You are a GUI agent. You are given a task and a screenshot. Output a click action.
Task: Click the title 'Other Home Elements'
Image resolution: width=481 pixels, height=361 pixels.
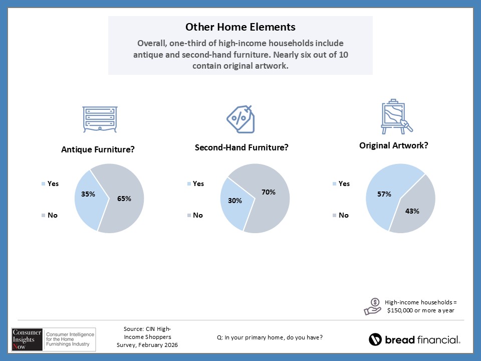(241, 27)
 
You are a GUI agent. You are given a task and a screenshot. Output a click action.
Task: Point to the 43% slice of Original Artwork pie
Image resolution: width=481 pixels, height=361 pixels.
(414, 211)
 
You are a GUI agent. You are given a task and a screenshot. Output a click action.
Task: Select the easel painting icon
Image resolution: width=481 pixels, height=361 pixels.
(395, 117)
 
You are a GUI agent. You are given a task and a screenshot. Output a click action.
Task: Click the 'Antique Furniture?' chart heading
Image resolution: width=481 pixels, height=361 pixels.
(98, 149)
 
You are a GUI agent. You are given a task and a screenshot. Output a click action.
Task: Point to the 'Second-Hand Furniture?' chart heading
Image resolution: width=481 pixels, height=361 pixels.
(242, 147)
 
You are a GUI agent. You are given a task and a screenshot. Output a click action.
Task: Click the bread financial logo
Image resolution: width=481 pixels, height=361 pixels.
(414, 339)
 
